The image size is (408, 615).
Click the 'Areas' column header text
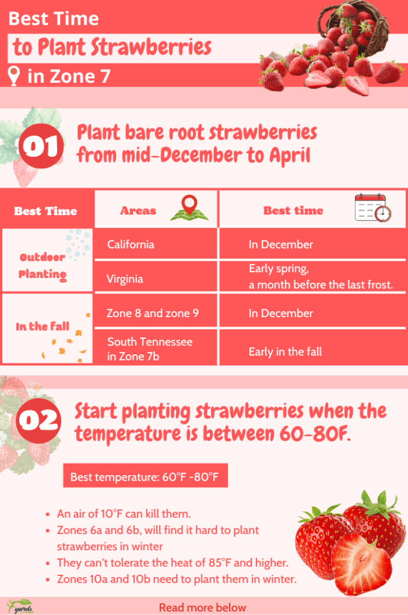(138, 210)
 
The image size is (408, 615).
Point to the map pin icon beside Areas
(189, 208)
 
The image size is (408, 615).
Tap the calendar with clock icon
(373, 208)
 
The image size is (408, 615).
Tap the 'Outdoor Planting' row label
(43, 265)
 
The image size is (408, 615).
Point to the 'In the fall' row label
(43, 327)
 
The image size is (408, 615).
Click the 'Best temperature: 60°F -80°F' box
(145, 477)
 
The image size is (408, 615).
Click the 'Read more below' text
(202, 607)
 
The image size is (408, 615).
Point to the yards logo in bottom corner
(20, 605)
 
